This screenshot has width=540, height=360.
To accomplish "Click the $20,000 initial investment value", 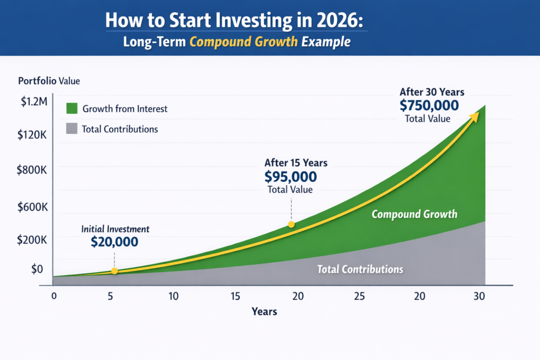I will point(114,242).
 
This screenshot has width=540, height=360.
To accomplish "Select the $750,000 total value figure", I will point(429,105).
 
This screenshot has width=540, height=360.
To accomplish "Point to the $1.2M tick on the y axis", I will point(33,102).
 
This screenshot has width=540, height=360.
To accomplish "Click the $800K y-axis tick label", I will point(32,170).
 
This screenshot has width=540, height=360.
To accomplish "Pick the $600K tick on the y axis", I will point(32,207).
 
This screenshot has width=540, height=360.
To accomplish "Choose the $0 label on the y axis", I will point(36,269).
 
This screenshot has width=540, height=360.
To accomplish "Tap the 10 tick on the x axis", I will point(173,296).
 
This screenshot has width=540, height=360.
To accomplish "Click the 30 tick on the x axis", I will point(479,296).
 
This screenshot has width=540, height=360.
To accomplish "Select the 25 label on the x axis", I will point(359,296).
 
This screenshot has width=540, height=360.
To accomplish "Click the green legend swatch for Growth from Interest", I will point(71,109).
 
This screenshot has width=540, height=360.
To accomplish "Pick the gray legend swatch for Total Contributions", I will point(71,129).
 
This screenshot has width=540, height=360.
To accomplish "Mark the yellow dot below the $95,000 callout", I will point(291,225).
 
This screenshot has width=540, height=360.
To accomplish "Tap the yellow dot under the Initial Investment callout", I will point(114,271).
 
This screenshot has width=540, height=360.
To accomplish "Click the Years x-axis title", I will point(264,312).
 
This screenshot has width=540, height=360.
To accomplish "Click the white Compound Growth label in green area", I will point(414,215).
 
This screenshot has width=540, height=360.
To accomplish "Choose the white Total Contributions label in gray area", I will point(360,269).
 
